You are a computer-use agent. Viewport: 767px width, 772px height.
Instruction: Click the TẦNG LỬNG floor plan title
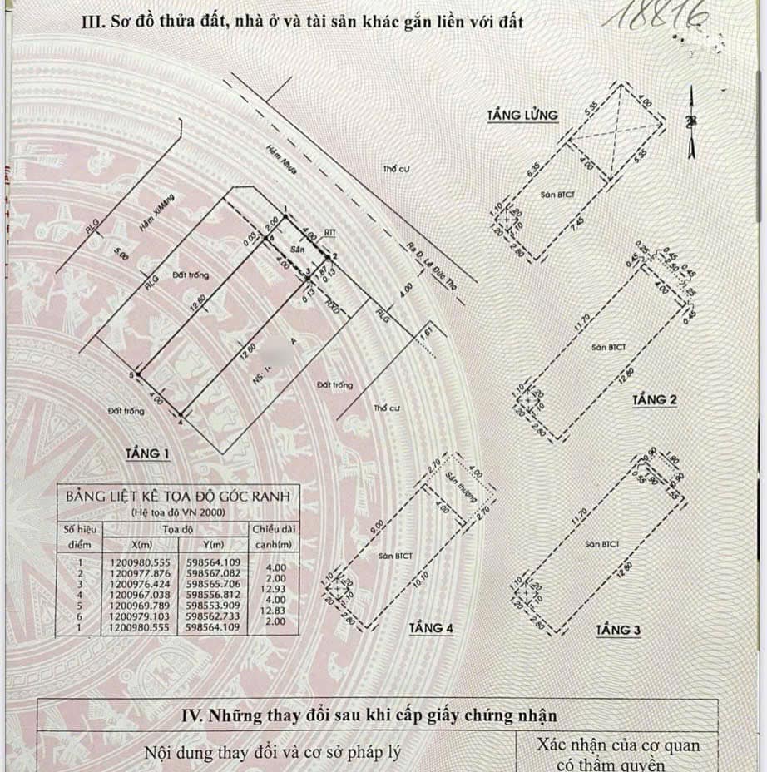tap(523, 115)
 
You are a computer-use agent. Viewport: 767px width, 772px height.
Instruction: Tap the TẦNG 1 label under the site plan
tap(147, 453)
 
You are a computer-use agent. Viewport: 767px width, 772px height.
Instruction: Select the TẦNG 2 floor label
tap(654, 400)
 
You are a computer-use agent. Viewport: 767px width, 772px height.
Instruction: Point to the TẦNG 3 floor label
tap(618, 631)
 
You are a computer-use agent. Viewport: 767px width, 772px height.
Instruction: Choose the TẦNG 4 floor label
tap(431, 628)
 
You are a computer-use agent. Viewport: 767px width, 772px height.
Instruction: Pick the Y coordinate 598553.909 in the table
tap(214, 606)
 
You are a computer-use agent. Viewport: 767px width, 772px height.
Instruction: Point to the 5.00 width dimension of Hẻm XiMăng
tap(124, 256)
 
